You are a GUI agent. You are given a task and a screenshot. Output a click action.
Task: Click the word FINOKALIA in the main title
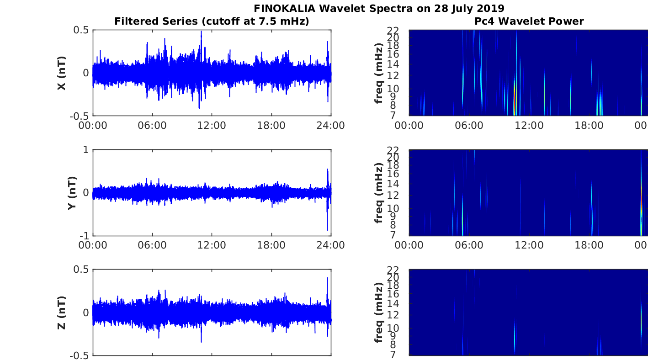tap(284, 8)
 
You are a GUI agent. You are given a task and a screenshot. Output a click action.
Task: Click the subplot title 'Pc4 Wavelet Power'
tap(529, 21)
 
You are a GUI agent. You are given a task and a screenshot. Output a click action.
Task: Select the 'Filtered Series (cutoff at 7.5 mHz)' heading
tap(212, 21)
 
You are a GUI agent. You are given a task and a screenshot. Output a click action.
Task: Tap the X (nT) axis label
tap(62, 73)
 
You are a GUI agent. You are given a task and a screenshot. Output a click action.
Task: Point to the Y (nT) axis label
tap(72, 193)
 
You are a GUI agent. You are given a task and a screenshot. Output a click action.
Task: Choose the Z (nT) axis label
tap(62, 312)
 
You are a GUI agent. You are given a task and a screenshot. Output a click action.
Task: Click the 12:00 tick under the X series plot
tap(212, 126)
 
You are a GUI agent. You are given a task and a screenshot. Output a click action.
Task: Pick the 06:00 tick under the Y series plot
tap(152, 245)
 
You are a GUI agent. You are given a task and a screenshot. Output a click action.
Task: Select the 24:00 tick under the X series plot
tap(331, 126)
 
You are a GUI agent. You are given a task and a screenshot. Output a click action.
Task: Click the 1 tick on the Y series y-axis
tap(85, 150)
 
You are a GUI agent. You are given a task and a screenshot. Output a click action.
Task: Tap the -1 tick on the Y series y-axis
tap(84, 236)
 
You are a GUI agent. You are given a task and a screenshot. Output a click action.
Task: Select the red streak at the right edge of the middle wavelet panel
tap(641, 200)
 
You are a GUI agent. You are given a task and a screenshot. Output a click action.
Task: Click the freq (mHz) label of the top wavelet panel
tap(378, 73)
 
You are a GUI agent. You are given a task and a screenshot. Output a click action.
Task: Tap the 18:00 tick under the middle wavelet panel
tap(589, 245)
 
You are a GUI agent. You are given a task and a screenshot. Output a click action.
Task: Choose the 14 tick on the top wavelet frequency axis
tap(393, 64)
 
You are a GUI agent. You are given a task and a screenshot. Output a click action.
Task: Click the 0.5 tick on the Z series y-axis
tap(81, 269)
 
